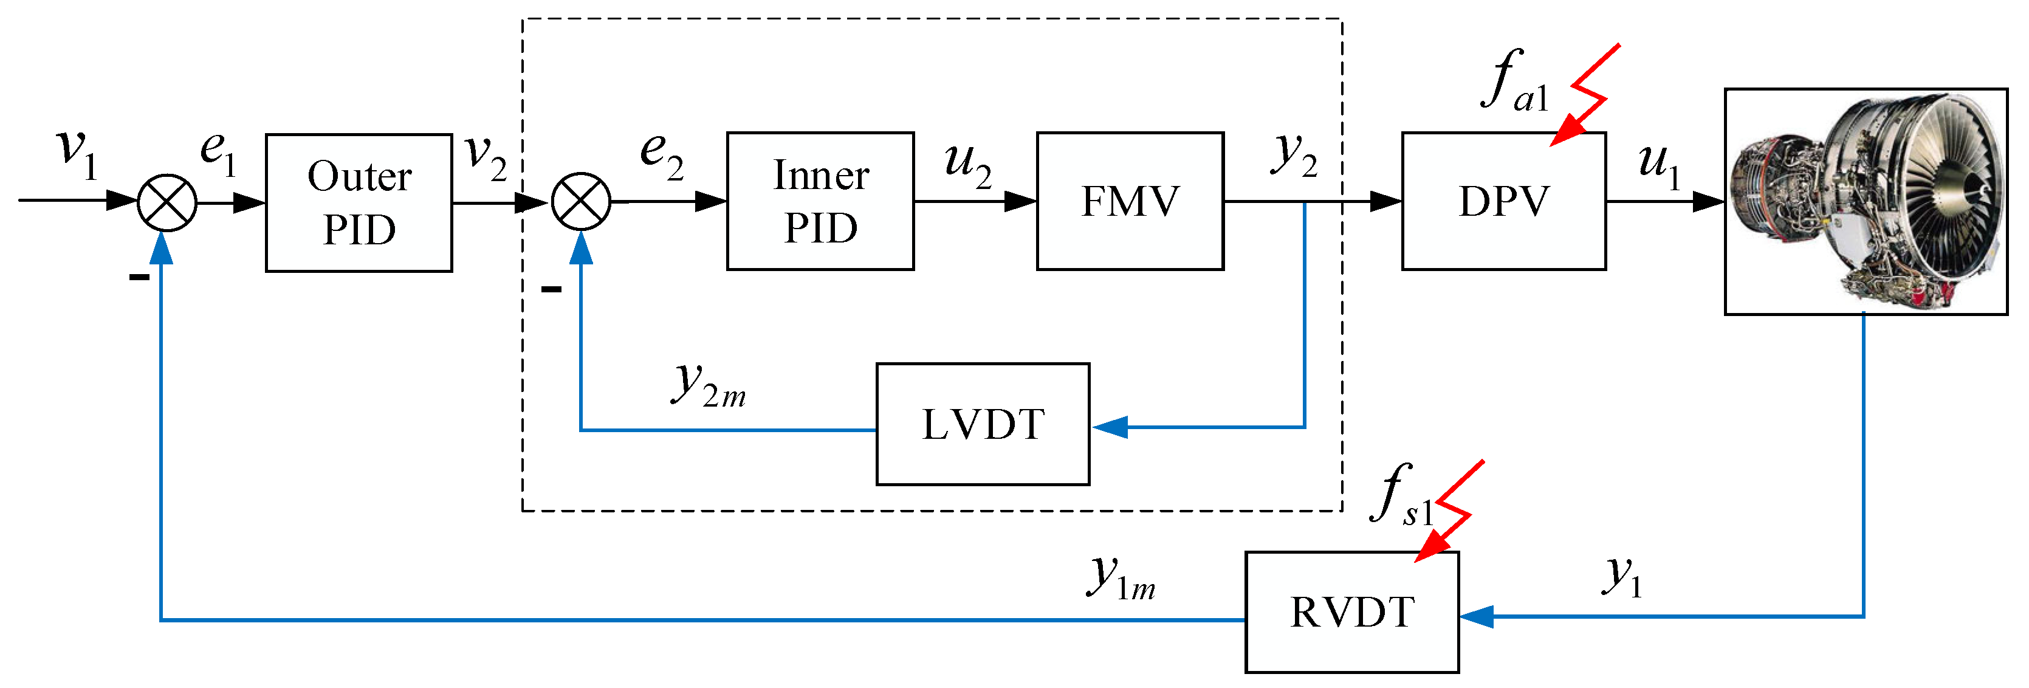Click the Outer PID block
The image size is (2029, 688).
pos(359,202)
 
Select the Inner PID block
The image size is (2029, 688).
pos(820,201)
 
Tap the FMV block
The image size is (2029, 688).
pos(1130,201)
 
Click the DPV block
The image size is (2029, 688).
pos(1503,201)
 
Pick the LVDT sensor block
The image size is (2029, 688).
pos(983,424)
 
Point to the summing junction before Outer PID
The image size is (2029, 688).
pos(167,202)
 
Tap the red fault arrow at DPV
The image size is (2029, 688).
pos(1585,95)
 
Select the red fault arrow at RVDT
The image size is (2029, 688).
pos(1449,511)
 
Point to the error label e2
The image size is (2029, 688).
pos(662,154)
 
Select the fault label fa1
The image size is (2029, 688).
pos(1515,80)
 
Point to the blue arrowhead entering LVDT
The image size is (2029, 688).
pos(1110,427)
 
